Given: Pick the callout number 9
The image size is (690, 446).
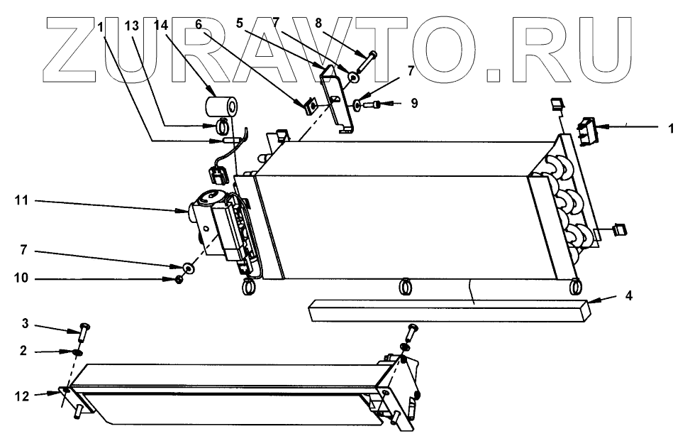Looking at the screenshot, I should (413, 104).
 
